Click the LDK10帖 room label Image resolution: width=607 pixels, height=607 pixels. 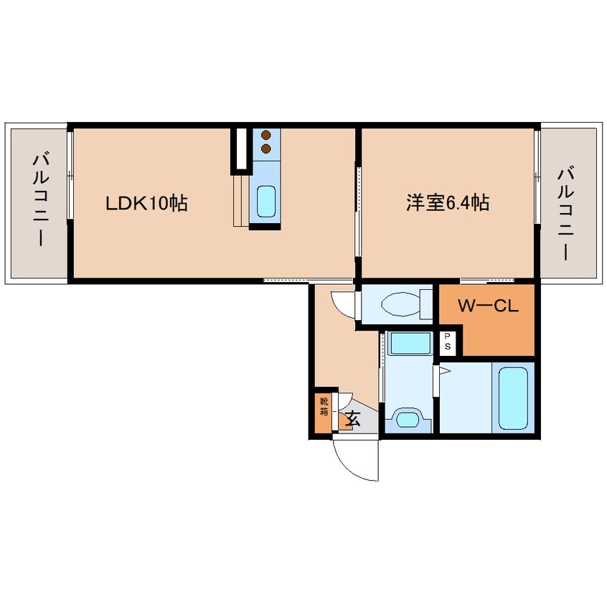(146, 203)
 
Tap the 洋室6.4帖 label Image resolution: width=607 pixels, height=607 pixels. (448, 202)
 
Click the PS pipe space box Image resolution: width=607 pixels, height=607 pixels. (448, 342)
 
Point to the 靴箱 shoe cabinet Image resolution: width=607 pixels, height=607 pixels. (324, 410)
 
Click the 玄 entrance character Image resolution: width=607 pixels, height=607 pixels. (353, 418)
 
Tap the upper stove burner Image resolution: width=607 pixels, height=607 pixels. (266, 135)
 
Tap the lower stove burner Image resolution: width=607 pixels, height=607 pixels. (266, 149)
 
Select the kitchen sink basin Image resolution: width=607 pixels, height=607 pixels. (266, 202)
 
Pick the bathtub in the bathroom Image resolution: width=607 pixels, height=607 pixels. (513, 398)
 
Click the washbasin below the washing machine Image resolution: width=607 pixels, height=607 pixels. (408, 419)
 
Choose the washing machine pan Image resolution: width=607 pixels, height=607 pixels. (410, 343)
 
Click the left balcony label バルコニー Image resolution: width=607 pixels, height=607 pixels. (40, 200)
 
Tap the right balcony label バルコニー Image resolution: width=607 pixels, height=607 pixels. (565, 213)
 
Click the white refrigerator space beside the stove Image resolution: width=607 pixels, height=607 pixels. (242, 149)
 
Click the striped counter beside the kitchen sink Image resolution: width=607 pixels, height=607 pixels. (241, 200)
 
